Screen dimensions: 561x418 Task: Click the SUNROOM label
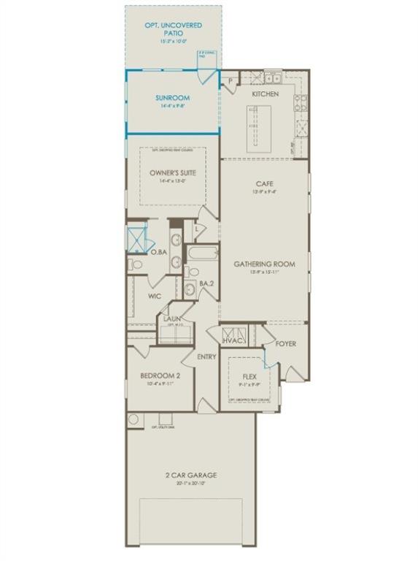[173, 97]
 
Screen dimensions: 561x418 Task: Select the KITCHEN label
[265, 94]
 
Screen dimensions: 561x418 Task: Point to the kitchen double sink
[273, 76]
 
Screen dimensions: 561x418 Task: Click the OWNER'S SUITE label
[173, 173]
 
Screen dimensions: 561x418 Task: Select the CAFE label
[264, 183]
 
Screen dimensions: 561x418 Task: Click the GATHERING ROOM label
[264, 264]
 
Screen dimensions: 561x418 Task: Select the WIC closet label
[154, 297]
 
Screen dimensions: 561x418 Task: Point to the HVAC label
[233, 340]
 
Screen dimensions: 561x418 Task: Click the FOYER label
[285, 343]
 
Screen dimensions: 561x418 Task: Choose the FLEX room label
[250, 378]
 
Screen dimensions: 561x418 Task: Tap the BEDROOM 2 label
[160, 375]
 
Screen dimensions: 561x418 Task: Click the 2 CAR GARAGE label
[190, 475]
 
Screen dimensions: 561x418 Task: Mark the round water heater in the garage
[133, 419]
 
